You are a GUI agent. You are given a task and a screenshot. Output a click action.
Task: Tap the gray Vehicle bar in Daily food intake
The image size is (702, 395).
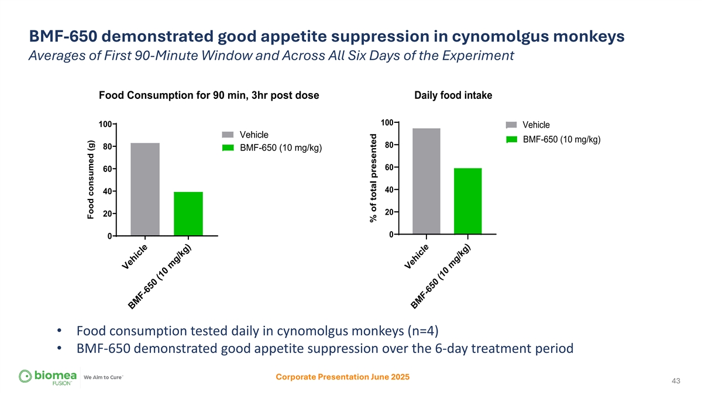click(x=426, y=181)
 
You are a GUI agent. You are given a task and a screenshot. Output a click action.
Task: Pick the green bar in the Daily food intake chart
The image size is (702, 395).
click(x=467, y=201)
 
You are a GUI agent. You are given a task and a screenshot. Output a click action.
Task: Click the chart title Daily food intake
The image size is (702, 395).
click(x=453, y=96)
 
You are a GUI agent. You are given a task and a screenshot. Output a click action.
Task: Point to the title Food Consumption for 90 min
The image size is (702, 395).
click(x=209, y=96)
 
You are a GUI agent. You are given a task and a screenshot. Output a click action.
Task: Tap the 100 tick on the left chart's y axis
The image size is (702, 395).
click(x=105, y=124)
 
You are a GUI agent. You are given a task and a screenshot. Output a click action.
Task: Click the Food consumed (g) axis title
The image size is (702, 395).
click(x=91, y=180)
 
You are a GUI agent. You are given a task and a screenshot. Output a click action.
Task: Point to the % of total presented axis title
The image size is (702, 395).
click(x=373, y=177)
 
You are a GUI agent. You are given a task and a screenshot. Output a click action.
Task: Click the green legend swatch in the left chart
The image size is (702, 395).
click(x=228, y=147)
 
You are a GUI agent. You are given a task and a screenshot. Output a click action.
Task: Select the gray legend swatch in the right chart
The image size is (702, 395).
click(x=511, y=125)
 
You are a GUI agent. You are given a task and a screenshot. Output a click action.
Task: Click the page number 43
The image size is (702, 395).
click(x=676, y=382)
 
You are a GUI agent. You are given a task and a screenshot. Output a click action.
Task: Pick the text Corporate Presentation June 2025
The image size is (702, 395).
click(x=342, y=377)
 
